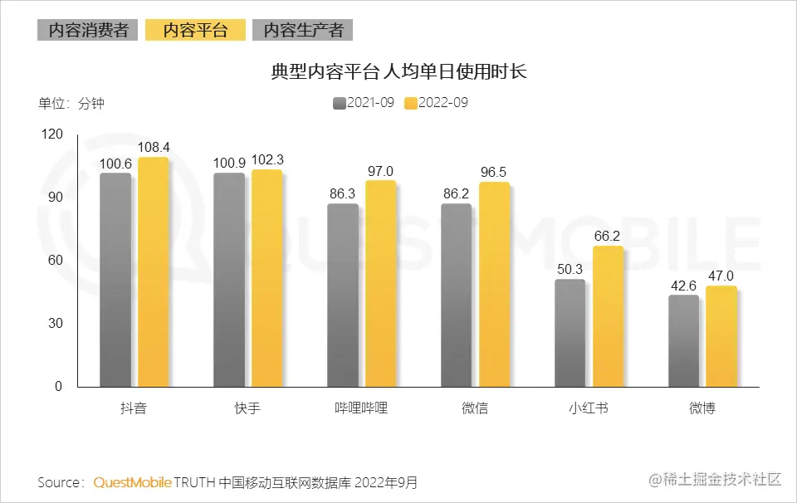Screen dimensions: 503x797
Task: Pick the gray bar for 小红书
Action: pyautogui.click(x=570, y=333)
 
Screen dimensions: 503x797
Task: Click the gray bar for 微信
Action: pyautogui.click(x=456, y=295)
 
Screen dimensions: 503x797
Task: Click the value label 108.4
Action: pyautogui.click(x=154, y=148)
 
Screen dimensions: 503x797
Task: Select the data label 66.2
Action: pyautogui.click(x=607, y=237)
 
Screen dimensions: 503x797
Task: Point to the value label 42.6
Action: pyautogui.click(x=683, y=286)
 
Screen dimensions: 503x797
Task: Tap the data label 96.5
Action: pyautogui.click(x=493, y=172)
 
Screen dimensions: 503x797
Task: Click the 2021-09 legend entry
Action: pyautogui.click(x=363, y=103)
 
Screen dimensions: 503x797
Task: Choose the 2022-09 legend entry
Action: pyautogui.click(x=436, y=103)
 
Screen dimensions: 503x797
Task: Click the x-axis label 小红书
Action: pyautogui.click(x=588, y=408)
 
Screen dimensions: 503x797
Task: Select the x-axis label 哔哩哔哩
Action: pyautogui.click(x=361, y=408)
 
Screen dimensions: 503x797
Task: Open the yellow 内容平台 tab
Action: pyautogui.click(x=195, y=30)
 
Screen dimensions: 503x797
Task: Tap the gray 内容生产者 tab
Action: pyautogui.click(x=303, y=30)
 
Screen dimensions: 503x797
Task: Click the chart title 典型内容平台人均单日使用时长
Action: pyautogui.click(x=398, y=72)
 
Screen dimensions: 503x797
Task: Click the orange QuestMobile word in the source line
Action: pyautogui.click(x=133, y=482)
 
